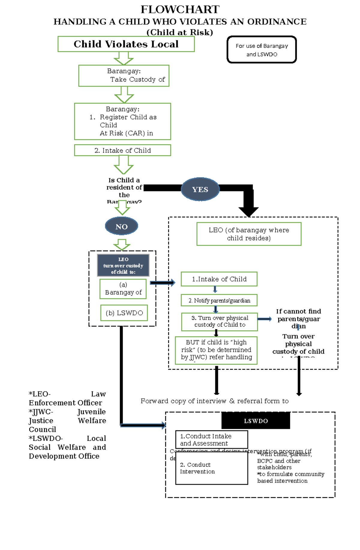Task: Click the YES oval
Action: point(200,189)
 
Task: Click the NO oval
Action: point(121,227)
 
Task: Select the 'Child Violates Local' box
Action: point(126,44)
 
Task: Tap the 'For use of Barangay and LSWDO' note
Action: point(262,50)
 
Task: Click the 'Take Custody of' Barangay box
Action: point(124,76)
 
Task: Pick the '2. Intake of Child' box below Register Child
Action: point(122,150)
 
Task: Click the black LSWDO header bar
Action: point(256,421)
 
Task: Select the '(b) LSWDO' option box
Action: point(124,313)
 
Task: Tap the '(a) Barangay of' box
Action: point(123,289)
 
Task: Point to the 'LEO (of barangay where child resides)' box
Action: point(249,234)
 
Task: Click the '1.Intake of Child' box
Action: point(219,279)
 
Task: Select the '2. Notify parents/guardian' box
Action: point(219,300)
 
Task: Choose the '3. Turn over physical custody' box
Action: point(219,322)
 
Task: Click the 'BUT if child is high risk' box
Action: point(216,350)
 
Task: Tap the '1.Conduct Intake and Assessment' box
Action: point(211,440)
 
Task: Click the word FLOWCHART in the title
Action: point(180,9)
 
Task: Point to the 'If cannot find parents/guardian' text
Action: point(298,318)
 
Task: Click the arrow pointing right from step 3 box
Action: point(265,319)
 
